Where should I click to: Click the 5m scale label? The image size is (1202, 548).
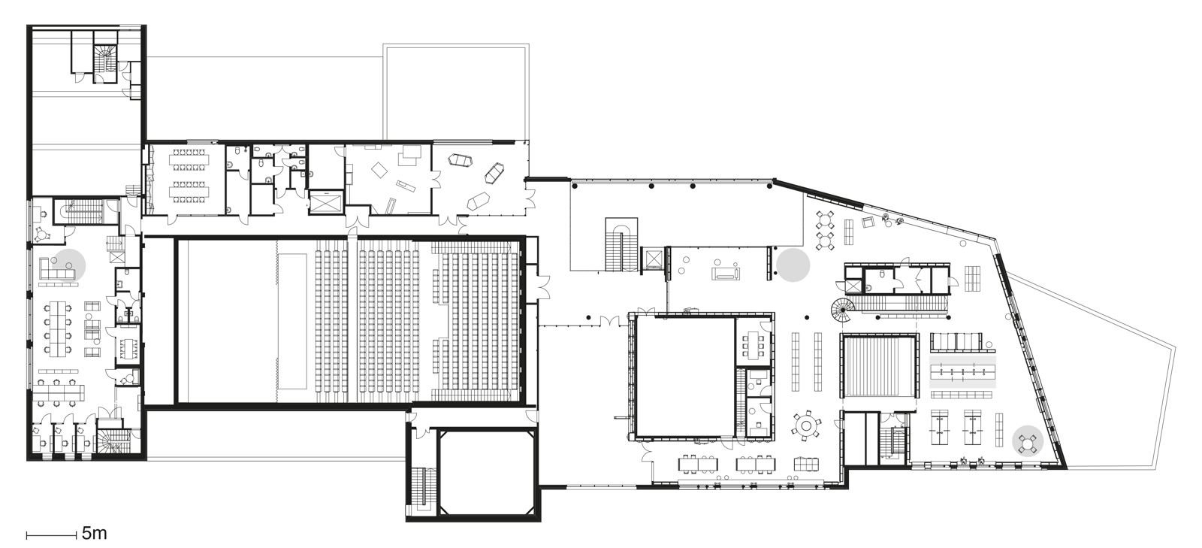coord(94,534)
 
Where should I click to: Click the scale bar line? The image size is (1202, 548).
coord(51,535)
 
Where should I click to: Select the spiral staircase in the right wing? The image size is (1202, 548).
coord(839,307)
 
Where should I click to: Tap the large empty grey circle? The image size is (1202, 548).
coord(793,265)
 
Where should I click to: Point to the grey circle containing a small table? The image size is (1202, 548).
coord(1027,440)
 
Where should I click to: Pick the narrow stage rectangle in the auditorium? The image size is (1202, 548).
coord(293,320)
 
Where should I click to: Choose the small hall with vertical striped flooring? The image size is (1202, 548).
coord(880,367)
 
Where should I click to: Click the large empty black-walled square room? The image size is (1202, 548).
coord(684,374)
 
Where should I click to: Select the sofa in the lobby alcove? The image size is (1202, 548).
coord(726,274)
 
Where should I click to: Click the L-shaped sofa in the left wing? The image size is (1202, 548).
coord(56,271)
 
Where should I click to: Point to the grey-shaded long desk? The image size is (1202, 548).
coord(962,372)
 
